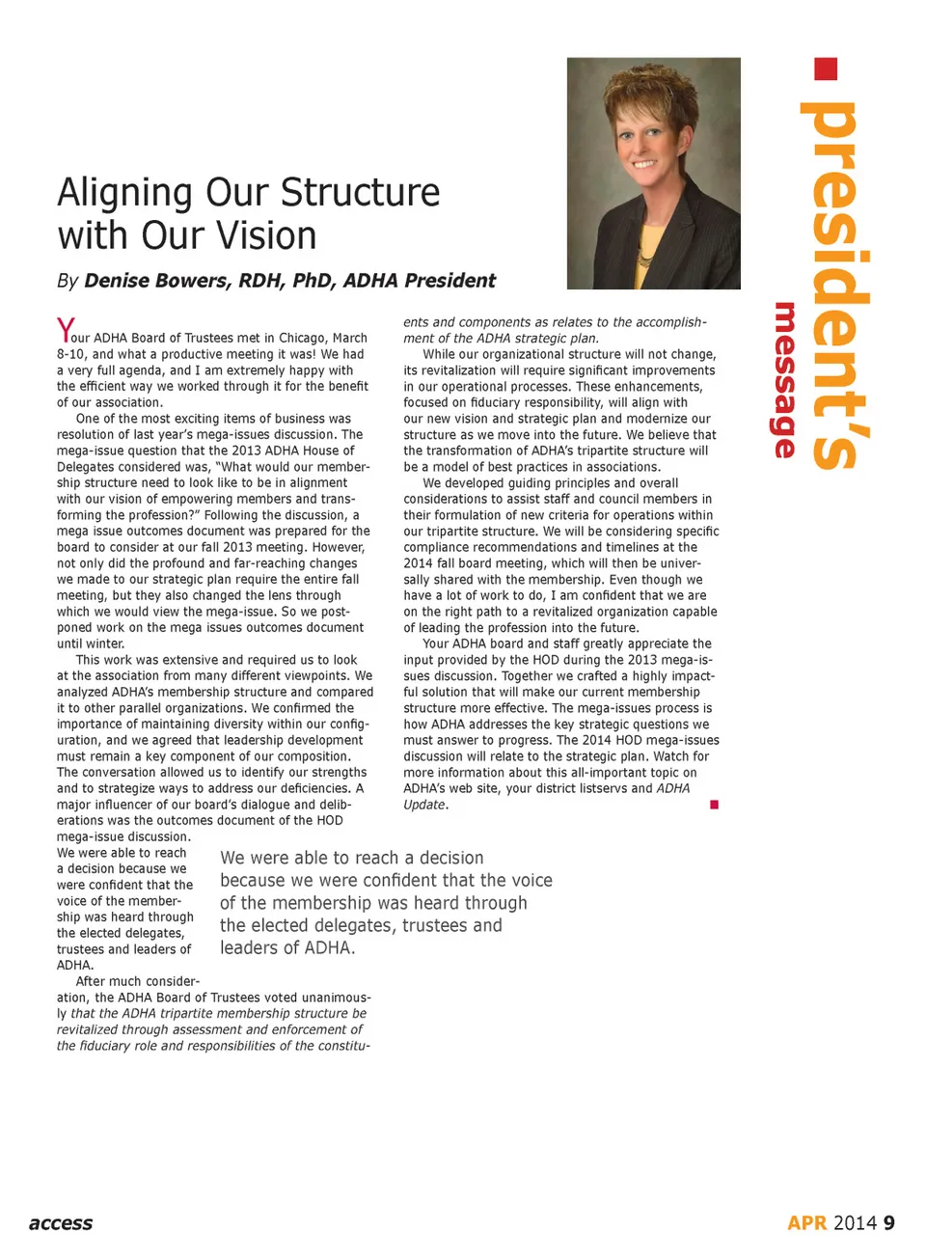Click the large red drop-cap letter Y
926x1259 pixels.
(x=65, y=330)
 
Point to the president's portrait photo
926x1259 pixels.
(x=653, y=174)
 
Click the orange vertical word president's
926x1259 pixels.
(x=835, y=285)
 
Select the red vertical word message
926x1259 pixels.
(x=785, y=380)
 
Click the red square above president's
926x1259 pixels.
(x=826, y=68)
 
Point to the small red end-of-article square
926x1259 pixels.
(x=714, y=805)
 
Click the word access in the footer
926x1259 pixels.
(x=61, y=1223)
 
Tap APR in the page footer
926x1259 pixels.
(x=807, y=1223)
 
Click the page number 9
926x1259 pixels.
(x=888, y=1223)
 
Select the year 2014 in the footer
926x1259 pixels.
(x=855, y=1223)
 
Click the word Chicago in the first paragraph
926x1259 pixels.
(x=303, y=338)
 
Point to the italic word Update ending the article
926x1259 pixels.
(x=424, y=805)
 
